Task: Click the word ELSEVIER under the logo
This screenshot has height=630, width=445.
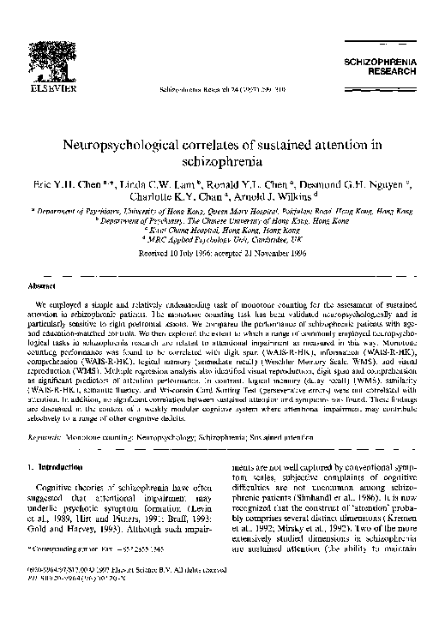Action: (40, 87)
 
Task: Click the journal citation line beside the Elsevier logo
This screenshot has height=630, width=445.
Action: (214, 88)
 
